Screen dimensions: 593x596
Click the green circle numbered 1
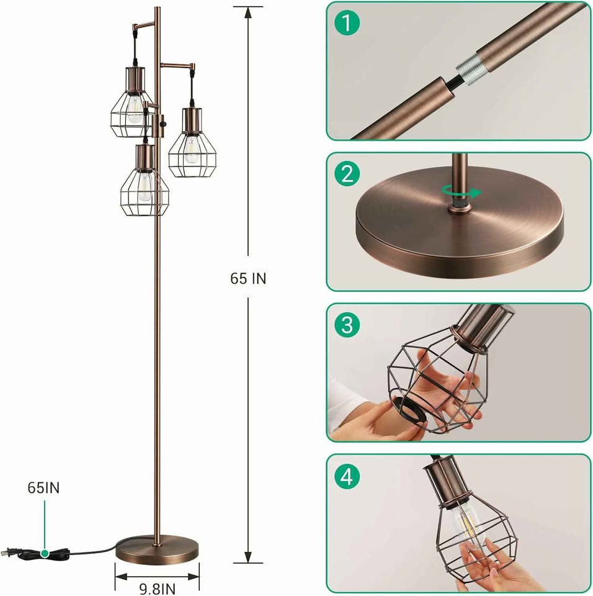(347, 23)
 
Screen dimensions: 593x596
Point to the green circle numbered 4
(347, 476)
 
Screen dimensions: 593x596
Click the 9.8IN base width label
(158, 589)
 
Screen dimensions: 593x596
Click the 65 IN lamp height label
(248, 279)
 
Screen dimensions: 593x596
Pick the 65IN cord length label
(43, 488)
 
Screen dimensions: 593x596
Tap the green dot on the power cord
(45, 553)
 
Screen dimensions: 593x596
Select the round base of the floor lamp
(158, 550)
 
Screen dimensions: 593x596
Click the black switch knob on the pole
(164, 124)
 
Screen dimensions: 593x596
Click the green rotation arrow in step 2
(461, 192)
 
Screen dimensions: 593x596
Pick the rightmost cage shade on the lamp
(192, 143)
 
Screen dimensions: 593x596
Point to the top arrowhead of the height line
(248, 13)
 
